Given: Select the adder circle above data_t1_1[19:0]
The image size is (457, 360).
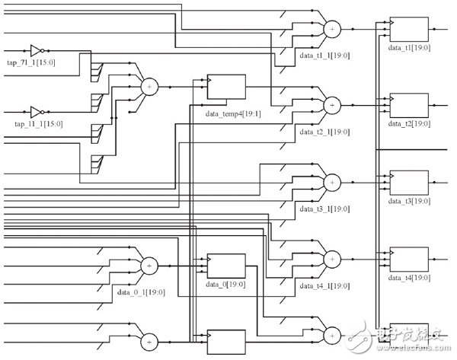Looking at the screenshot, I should coord(332,29).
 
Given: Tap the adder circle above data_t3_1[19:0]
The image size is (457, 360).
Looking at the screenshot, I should coord(332,183).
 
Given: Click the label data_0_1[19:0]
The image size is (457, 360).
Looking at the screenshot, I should coord(140,291).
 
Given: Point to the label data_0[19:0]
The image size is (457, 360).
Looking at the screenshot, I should coord(225,285).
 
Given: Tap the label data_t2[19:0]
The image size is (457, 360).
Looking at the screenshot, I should coord(410,124).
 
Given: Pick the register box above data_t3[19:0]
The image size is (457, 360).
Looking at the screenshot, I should coord(409,183).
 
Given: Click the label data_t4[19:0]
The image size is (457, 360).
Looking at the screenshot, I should coord(410,278).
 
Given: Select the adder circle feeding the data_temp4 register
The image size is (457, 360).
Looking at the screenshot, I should coord(149,87).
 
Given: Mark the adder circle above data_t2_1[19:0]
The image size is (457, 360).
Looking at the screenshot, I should coord(332,104).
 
